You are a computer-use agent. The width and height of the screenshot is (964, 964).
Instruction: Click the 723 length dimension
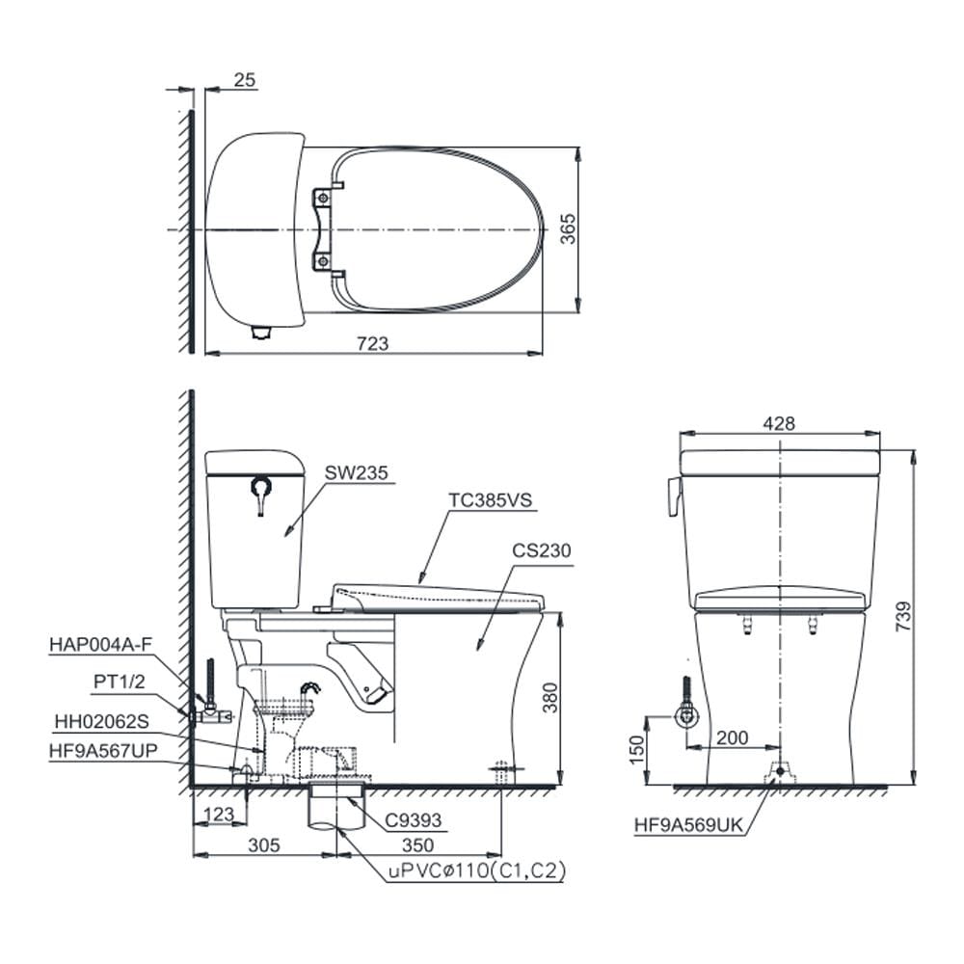pyautogui.click(x=372, y=343)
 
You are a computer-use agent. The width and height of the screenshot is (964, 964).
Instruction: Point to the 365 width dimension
pyautogui.click(x=568, y=228)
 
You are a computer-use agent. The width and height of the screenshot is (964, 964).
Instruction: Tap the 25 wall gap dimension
pyautogui.click(x=244, y=80)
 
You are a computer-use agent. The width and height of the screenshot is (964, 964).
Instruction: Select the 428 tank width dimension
pyautogui.click(x=779, y=423)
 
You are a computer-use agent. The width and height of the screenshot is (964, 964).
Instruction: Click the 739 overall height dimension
pyautogui.click(x=904, y=617)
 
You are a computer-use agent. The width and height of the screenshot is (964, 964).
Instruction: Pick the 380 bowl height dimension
pyautogui.click(x=550, y=698)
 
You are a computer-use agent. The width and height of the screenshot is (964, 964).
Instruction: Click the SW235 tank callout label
pyautogui.click(x=357, y=472)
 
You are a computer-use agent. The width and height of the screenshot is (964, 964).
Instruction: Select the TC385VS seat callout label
pyautogui.click(x=490, y=499)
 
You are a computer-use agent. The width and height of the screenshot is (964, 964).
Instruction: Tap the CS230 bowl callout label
pyautogui.click(x=542, y=550)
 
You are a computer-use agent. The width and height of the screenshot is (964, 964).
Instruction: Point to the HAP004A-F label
pyautogui.click(x=100, y=644)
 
